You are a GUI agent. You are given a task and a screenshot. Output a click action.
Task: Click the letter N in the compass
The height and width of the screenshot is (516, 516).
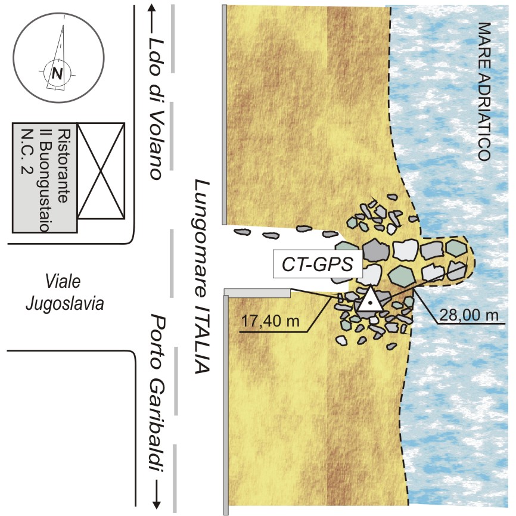[x=57, y=74]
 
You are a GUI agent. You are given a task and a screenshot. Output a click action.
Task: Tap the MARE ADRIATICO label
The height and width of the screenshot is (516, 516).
[x=484, y=92]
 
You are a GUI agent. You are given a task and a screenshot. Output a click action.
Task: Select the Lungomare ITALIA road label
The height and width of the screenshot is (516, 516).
[x=202, y=276]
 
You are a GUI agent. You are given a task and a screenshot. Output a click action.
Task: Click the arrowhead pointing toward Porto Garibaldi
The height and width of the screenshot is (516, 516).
[x=158, y=503]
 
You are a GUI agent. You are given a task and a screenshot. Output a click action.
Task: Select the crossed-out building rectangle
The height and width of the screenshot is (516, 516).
[x=101, y=170]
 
